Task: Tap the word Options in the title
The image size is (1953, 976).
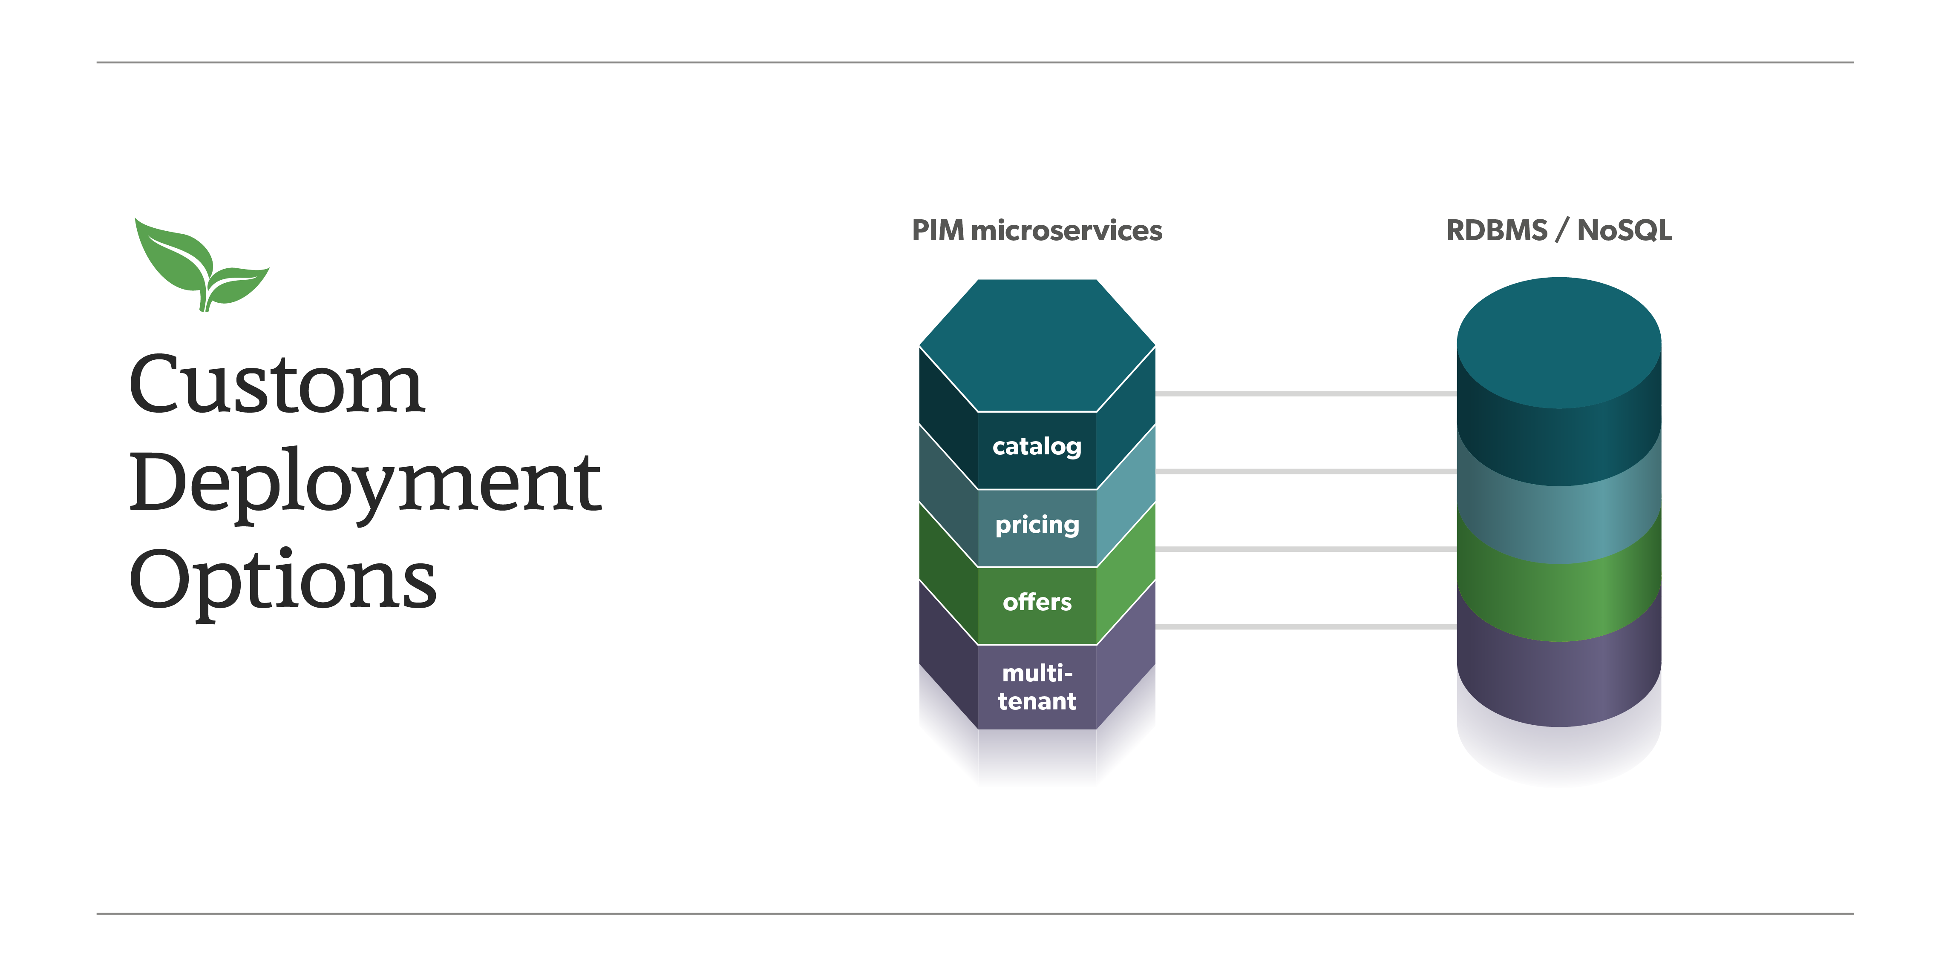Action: (x=283, y=580)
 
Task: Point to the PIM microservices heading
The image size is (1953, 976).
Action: (x=1037, y=230)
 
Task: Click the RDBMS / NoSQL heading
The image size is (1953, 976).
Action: (x=1559, y=230)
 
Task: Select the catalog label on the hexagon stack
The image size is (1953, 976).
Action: (x=1037, y=447)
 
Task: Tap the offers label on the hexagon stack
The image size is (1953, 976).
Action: (x=1037, y=603)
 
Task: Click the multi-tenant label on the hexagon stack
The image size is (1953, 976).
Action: (x=1037, y=686)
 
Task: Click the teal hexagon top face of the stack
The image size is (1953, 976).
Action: (x=1037, y=345)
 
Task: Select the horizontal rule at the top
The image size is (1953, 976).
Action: (x=975, y=62)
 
